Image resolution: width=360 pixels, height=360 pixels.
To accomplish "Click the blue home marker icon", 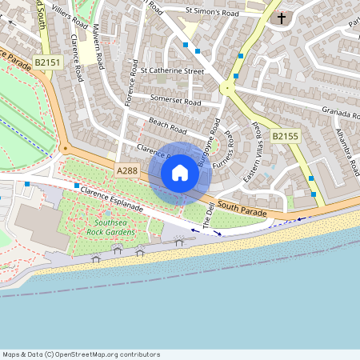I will coord(180,172).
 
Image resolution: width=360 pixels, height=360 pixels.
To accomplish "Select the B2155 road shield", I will coord(285,137).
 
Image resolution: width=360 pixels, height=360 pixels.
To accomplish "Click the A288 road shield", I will coord(127,171).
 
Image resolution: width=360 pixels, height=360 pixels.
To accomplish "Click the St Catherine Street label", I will coord(172,70).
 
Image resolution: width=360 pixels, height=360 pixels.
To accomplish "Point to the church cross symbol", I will coord(281,18).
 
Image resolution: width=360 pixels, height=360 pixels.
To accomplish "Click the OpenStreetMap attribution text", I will coord(81,354).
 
